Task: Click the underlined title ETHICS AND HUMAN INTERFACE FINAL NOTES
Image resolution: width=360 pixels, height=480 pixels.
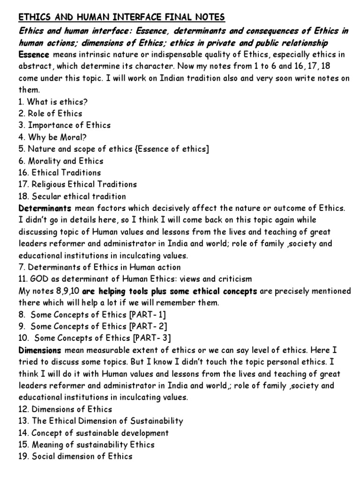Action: point(122,18)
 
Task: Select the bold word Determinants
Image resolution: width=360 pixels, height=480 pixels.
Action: point(45,208)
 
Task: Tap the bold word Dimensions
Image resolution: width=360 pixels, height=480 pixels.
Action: point(40,350)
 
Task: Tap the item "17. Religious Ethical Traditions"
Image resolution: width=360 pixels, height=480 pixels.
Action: point(78,184)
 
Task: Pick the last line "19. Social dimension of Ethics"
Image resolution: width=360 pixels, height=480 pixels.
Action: point(75,456)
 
